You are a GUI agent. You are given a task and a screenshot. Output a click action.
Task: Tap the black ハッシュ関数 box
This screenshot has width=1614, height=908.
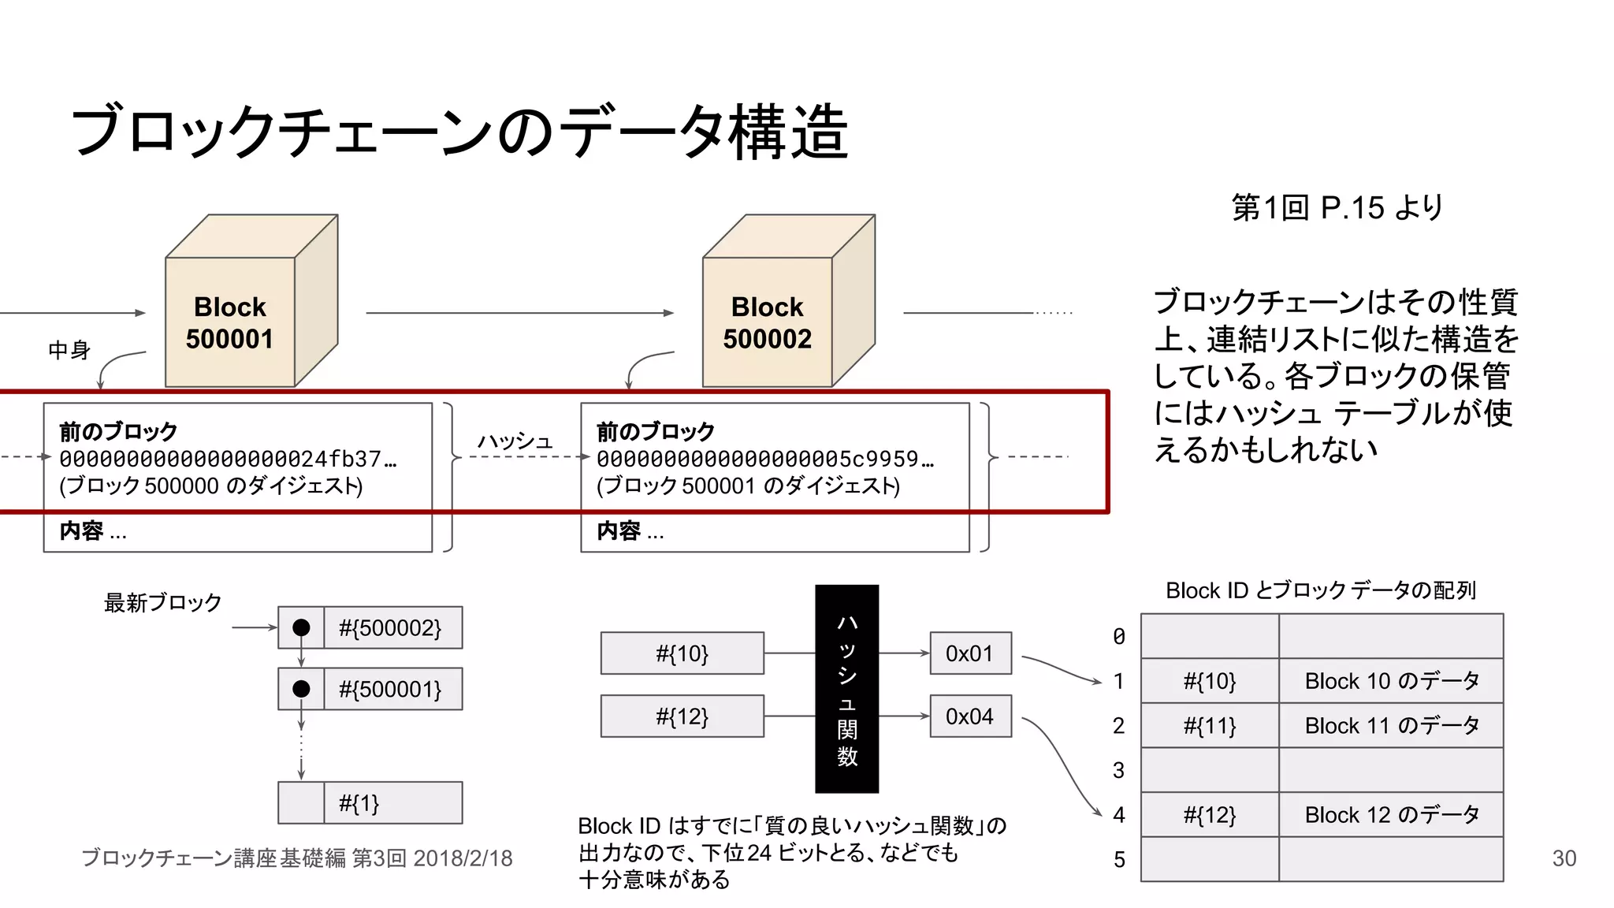coord(846,688)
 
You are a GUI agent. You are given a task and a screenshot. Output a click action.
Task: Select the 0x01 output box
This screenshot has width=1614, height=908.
coord(970,653)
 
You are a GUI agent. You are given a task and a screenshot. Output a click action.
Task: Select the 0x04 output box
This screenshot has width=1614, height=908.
coord(970,716)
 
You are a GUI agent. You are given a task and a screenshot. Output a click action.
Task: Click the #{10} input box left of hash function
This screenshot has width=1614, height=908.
coord(682,653)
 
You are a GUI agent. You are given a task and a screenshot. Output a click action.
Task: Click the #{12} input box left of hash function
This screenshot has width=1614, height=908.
coord(682,716)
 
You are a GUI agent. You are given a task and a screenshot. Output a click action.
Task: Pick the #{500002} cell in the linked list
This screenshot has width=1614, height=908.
coord(392,628)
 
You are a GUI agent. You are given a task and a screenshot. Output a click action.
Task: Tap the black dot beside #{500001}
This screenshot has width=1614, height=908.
coord(301,689)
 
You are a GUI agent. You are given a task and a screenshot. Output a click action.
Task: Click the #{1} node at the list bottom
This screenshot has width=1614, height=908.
coord(370,803)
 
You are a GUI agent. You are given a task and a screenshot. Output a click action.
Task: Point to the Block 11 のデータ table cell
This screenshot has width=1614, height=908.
coord(1391,725)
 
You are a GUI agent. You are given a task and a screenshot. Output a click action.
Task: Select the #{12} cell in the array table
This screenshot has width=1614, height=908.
coord(1210,815)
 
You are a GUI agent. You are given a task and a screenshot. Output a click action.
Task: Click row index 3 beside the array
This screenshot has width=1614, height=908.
coord(1119,770)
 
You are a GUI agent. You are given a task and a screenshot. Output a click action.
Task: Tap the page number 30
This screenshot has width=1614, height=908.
coord(1564,858)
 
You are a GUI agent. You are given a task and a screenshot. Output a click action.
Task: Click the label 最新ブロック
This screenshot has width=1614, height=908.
coord(163,603)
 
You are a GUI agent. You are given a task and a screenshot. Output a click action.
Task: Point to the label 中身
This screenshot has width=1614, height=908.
coord(69,350)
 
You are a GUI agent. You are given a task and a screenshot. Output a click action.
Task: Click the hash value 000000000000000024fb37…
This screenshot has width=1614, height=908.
coord(228,459)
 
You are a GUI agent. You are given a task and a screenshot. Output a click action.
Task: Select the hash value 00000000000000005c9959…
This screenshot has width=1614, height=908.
coord(764,459)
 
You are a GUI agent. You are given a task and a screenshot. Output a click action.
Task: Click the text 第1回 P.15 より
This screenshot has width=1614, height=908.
coord(1337,208)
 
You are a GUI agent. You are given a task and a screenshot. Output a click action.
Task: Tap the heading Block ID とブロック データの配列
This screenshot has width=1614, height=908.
coord(1320,590)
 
